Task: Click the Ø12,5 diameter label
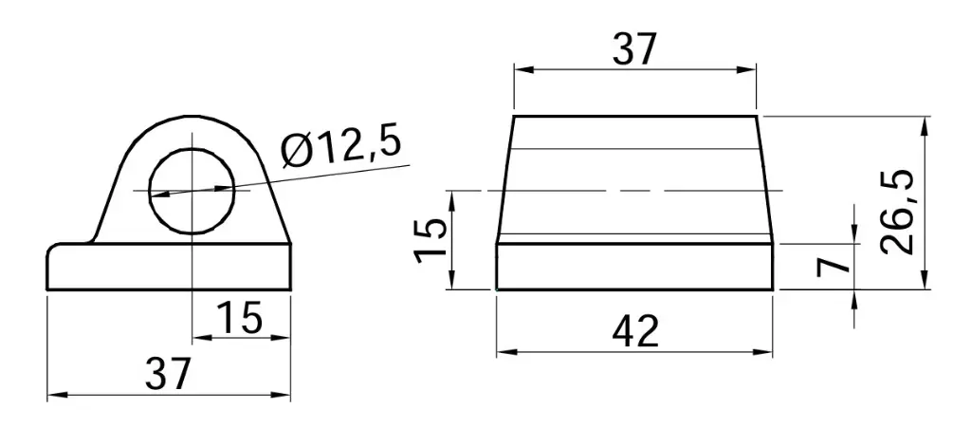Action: (342, 146)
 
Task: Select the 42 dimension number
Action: (635, 331)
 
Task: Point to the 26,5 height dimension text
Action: (896, 212)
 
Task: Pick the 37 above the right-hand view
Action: (633, 49)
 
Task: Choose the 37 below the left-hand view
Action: (168, 374)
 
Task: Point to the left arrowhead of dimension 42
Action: (504, 352)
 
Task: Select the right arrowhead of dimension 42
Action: (767, 352)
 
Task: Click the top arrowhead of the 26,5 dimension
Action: (922, 123)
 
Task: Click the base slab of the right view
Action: (634, 267)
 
